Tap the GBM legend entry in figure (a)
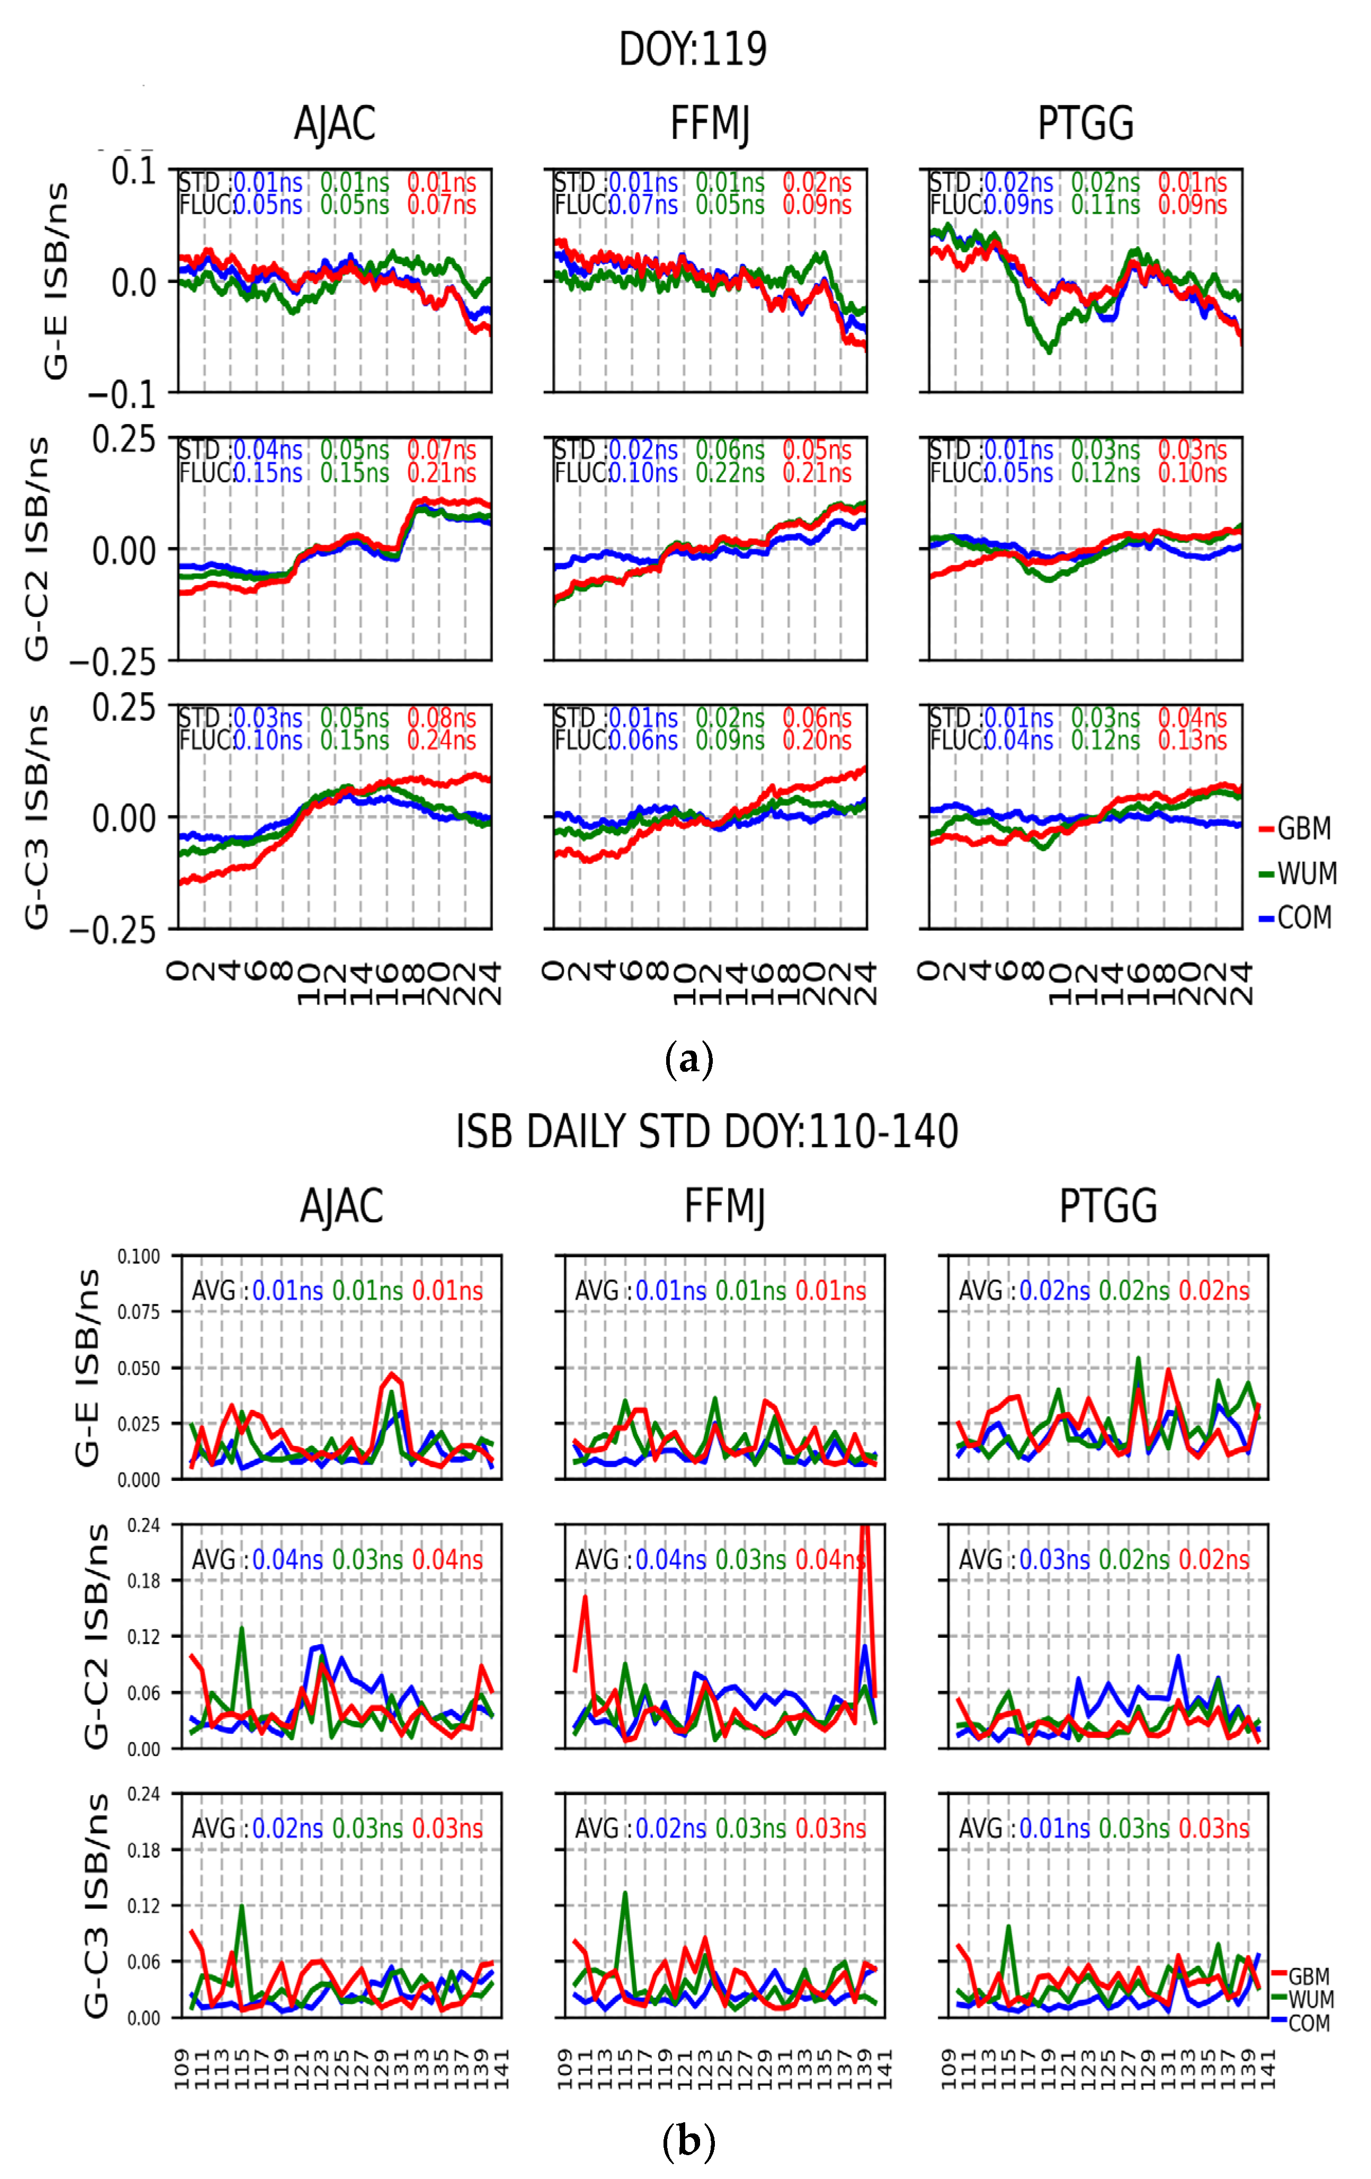click(1303, 828)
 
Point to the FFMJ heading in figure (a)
click(710, 124)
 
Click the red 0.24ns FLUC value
click(441, 740)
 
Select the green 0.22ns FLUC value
click(729, 472)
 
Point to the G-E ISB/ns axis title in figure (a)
click(56, 280)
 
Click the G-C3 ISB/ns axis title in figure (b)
click(95, 1905)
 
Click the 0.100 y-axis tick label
click(138, 1256)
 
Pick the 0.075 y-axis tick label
click(138, 1312)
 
